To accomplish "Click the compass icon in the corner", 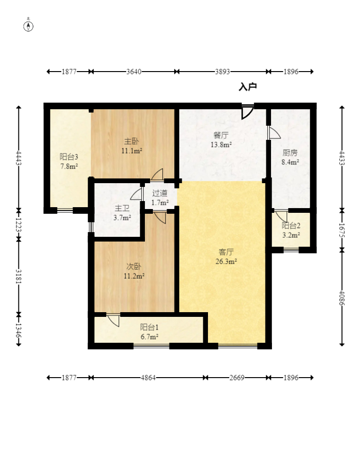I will (29, 25).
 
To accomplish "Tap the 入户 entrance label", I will (248, 87).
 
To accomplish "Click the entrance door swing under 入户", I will (247, 112).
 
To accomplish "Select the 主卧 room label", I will (131, 142).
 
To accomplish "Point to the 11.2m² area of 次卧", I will (134, 276).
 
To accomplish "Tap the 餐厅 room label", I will (221, 136).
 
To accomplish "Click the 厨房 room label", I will (290, 153).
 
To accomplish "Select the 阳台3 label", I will (69, 157).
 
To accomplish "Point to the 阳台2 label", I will (291, 226).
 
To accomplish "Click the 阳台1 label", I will (149, 327).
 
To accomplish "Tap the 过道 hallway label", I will (160, 194).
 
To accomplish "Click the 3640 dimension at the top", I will (134, 72).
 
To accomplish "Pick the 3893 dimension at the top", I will (222, 72).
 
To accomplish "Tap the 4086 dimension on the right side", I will (342, 298).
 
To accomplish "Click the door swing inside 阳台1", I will (113, 320).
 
